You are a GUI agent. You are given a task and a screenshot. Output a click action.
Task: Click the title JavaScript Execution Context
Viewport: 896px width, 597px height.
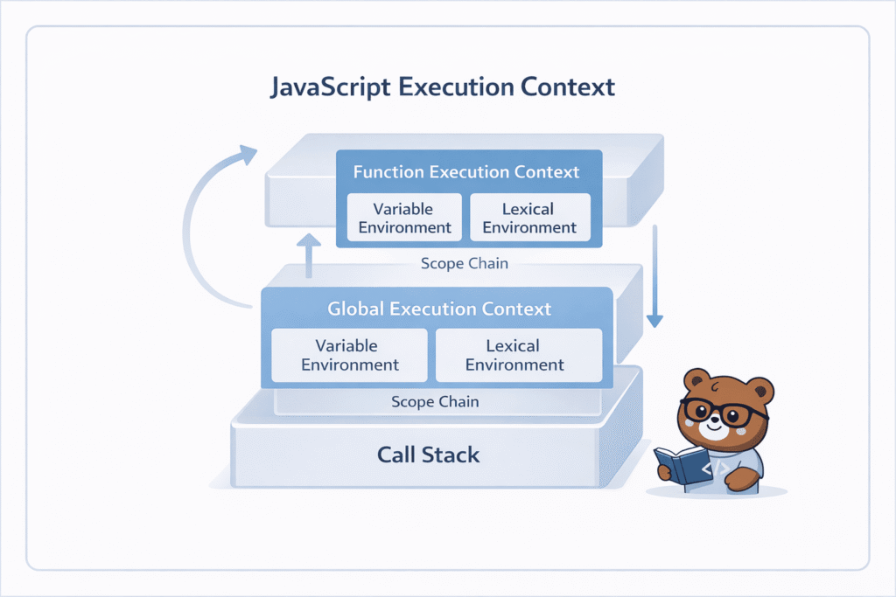pyautogui.click(x=443, y=87)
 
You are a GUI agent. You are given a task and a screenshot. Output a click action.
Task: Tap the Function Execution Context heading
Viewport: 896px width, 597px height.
pyautogui.click(x=466, y=171)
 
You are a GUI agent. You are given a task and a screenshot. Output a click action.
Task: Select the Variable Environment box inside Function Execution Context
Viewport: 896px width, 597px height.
pyautogui.click(x=403, y=219)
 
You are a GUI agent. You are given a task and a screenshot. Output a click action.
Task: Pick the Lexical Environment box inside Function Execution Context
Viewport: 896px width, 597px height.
pyautogui.click(x=529, y=219)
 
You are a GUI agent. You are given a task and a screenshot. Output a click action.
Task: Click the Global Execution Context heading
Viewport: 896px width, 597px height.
pyautogui.click(x=439, y=309)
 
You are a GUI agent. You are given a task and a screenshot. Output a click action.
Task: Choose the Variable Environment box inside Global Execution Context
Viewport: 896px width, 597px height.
pyautogui.click(x=350, y=355)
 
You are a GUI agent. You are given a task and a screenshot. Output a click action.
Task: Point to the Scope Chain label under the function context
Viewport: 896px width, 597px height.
pyautogui.click(x=464, y=263)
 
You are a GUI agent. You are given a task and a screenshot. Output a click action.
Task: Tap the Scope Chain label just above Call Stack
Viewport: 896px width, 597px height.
pyautogui.click(x=435, y=402)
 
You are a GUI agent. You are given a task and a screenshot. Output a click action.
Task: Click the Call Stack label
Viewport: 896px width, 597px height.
pyautogui.click(x=429, y=455)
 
